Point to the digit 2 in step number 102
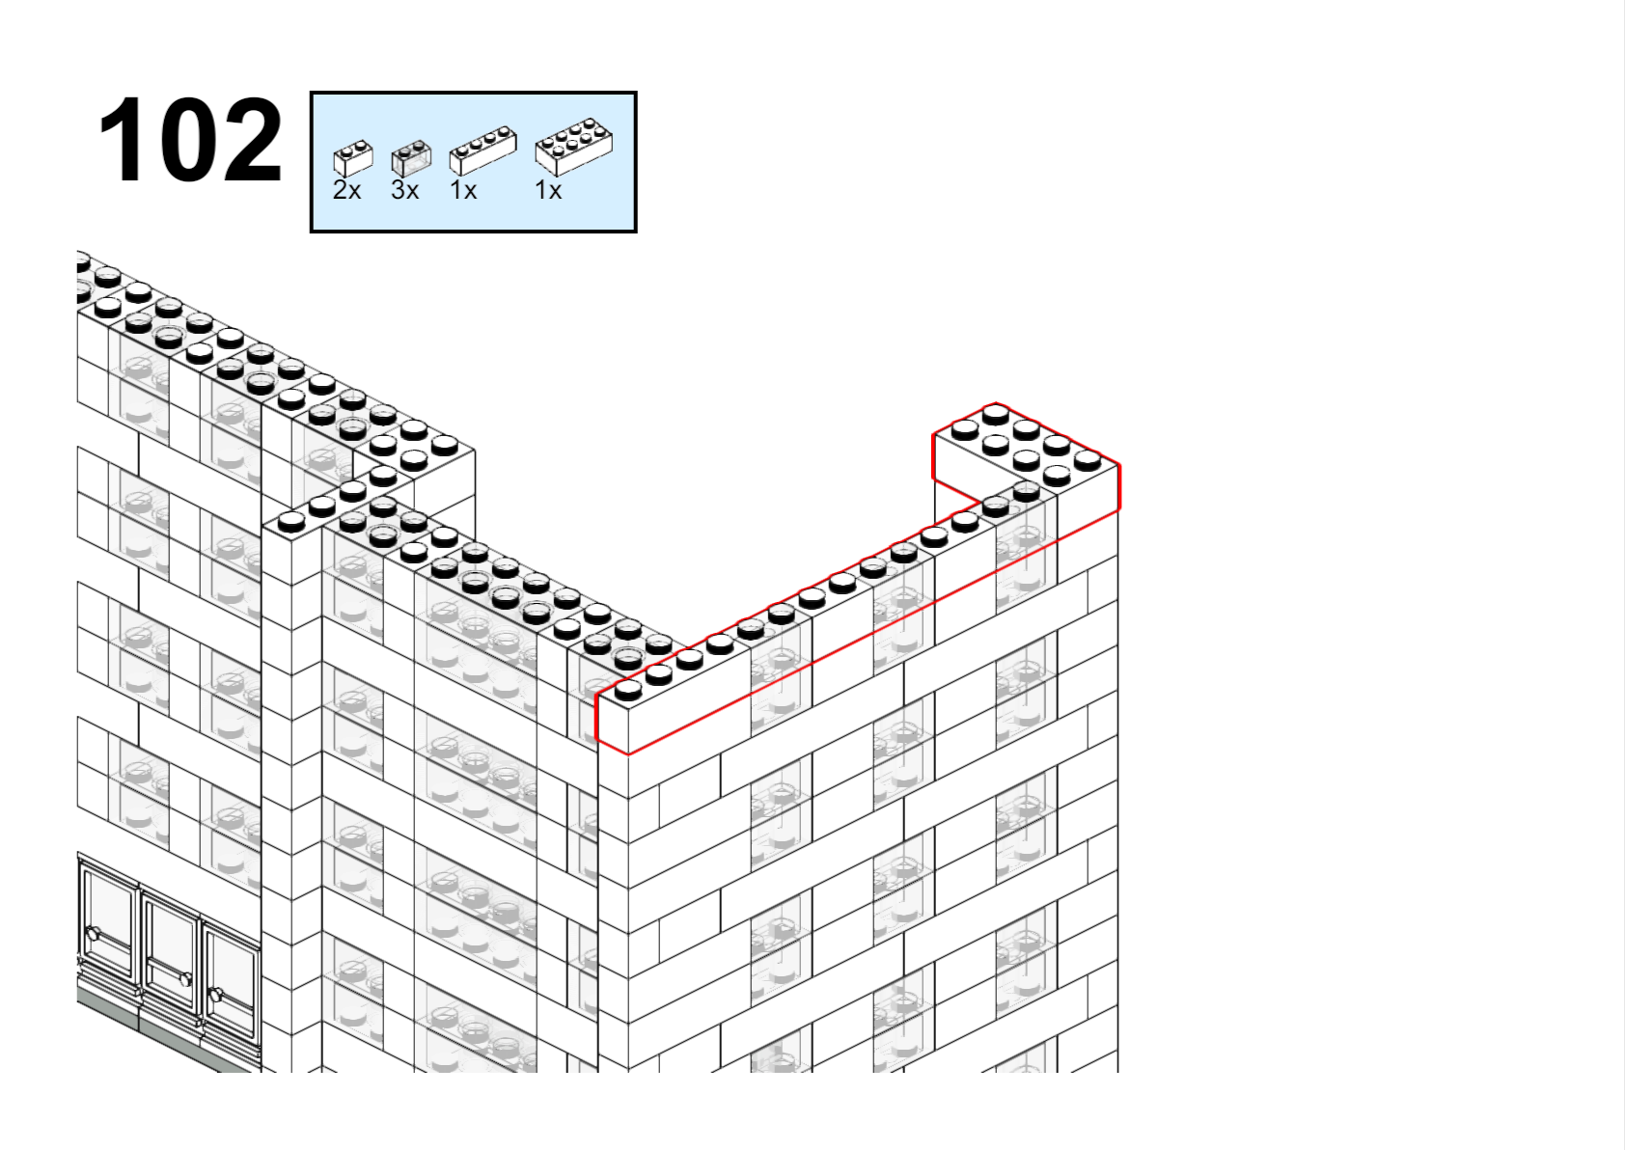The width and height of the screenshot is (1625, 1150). pos(250,139)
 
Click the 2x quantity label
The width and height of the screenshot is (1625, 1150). pos(346,190)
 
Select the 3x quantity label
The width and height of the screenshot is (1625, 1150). pos(404,190)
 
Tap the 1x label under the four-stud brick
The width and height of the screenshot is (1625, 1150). pos(463,190)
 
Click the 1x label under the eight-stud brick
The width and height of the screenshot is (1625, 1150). pos(548,190)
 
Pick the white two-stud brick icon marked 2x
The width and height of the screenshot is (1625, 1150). pos(353,157)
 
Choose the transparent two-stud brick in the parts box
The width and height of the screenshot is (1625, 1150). pos(411,157)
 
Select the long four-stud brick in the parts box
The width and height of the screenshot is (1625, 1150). pos(483,151)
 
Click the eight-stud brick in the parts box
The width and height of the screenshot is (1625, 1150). pos(574,147)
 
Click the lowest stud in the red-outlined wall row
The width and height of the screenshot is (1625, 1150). pos(628,691)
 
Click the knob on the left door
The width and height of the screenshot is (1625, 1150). pos(93,934)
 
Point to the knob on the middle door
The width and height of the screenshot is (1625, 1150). pos(185,979)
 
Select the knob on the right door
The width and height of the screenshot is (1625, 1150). pos(215,994)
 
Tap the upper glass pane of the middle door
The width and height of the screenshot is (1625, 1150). pos(169,932)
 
